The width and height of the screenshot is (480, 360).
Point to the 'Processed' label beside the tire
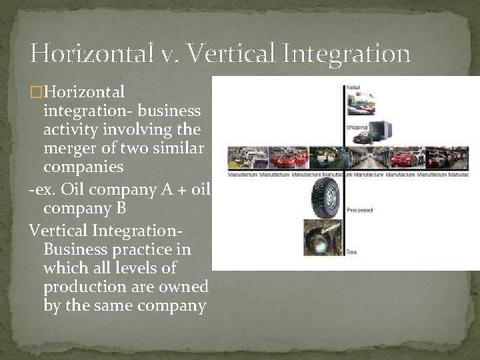(x=359, y=210)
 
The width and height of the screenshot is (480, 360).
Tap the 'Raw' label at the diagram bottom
(x=351, y=251)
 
